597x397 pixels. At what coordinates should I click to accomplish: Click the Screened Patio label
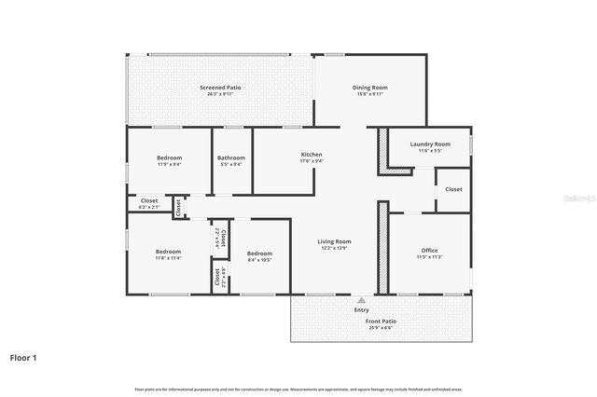click(x=214, y=87)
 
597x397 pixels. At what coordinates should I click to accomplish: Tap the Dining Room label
click(x=370, y=88)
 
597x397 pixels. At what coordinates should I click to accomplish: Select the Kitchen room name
click(x=312, y=155)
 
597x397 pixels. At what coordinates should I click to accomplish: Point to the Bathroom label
click(x=230, y=158)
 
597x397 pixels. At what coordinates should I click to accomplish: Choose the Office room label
click(x=429, y=250)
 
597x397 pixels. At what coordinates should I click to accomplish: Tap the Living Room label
click(x=336, y=241)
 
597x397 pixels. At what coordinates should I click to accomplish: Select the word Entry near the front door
click(x=361, y=309)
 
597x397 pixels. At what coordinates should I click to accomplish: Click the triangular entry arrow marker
click(x=361, y=300)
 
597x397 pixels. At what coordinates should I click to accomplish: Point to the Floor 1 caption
click(x=24, y=357)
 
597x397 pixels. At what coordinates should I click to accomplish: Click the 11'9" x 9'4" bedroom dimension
click(x=169, y=165)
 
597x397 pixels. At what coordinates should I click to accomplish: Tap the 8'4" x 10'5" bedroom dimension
click(x=259, y=260)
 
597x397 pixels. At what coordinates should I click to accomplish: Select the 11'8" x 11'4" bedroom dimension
click(x=168, y=258)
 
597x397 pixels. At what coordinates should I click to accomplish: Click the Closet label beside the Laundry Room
click(x=453, y=189)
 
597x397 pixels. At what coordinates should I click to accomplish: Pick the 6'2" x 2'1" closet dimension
click(x=149, y=207)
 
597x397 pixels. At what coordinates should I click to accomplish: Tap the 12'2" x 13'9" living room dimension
click(x=336, y=249)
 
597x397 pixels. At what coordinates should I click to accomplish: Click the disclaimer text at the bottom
click(x=298, y=389)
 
